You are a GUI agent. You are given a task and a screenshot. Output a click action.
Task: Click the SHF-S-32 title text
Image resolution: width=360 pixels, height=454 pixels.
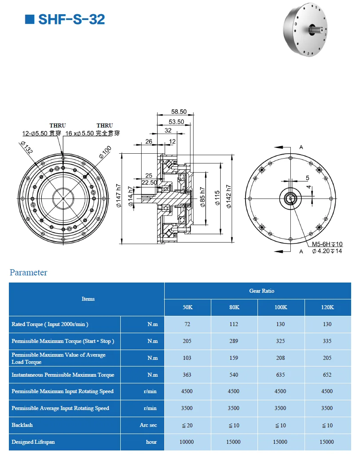click(x=71, y=20)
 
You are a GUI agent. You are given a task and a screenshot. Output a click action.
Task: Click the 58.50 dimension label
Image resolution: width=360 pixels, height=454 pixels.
click(x=179, y=112)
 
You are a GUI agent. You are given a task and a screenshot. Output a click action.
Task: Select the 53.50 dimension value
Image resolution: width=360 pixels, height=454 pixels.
click(x=176, y=121)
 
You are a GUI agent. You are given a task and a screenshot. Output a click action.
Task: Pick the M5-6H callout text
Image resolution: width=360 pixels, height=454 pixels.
click(x=327, y=244)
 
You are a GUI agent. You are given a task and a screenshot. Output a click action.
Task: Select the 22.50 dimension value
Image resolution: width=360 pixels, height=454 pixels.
click(x=149, y=182)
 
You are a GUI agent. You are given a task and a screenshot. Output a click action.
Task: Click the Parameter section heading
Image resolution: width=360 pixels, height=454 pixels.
click(x=28, y=272)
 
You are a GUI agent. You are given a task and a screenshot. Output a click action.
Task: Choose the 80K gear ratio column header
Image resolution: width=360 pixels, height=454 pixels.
click(x=233, y=307)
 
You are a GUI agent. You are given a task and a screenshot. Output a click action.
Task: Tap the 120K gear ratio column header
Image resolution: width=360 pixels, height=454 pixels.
click(x=327, y=307)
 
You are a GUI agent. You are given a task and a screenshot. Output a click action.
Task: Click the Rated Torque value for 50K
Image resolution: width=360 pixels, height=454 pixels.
click(x=187, y=324)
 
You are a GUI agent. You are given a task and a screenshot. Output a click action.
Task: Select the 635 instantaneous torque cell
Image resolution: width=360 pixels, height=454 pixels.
click(x=281, y=375)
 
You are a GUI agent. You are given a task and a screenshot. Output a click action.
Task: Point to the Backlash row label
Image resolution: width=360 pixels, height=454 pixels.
click(x=22, y=425)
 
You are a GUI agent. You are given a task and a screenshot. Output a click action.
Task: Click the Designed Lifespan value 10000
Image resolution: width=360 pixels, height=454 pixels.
click(x=187, y=442)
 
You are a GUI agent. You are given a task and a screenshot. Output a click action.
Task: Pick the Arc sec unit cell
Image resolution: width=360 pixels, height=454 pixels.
click(x=148, y=425)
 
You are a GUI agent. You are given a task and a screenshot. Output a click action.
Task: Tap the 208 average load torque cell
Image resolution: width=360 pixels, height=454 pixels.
click(x=281, y=358)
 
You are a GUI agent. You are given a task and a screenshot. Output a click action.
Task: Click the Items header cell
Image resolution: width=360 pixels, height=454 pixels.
click(x=88, y=299)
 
